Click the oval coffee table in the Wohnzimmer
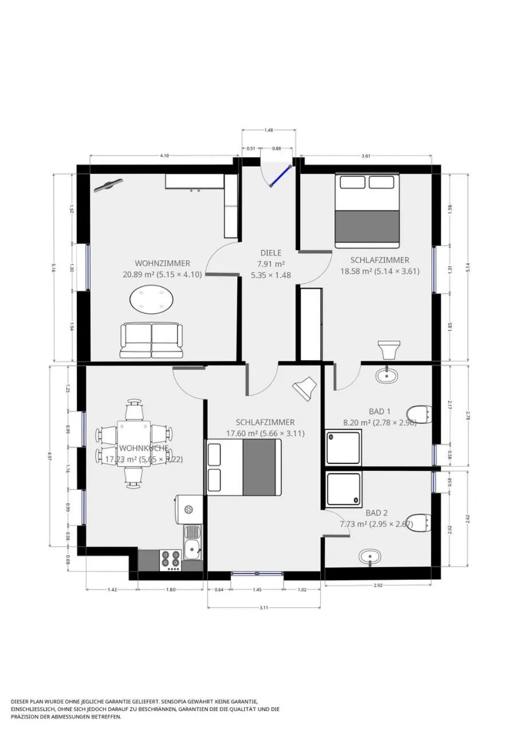[x=153, y=299]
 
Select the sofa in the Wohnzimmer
[x=151, y=341]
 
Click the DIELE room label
[x=271, y=252]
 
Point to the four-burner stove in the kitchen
[x=171, y=560]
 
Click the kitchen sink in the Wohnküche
[x=193, y=541]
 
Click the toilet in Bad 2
[x=421, y=522]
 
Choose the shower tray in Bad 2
[x=343, y=490]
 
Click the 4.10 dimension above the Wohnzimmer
[x=164, y=155]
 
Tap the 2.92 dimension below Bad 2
[x=378, y=585]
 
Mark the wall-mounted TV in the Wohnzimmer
[x=109, y=185]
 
